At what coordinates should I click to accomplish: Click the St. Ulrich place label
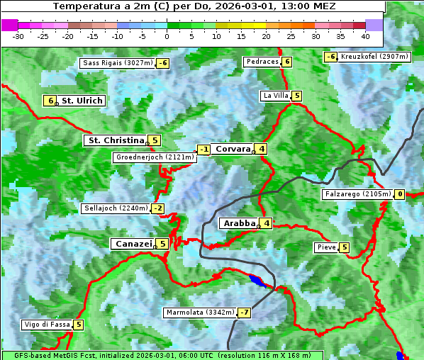pyautogui.click(x=82, y=101)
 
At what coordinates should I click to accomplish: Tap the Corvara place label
pyautogui.click(x=233, y=149)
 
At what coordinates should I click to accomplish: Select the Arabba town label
pyautogui.click(x=239, y=223)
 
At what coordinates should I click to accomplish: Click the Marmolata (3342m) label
pyautogui.click(x=200, y=313)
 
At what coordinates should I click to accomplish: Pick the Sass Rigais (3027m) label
pyautogui.click(x=118, y=63)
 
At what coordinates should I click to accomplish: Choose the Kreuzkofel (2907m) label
pyautogui.click(x=374, y=57)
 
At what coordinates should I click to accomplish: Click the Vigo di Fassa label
pyautogui.click(x=48, y=325)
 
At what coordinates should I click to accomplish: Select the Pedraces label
pyautogui.click(x=262, y=62)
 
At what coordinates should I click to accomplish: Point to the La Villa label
pyautogui.click(x=275, y=96)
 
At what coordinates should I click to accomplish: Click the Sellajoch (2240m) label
pyautogui.click(x=116, y=208)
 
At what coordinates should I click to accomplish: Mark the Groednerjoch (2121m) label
pyautogui.click(x=155, y=157)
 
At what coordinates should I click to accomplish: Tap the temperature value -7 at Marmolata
pyautogui.click(x=245, y=313)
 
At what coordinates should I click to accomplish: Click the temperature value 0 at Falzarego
pyautogui.click(x=400, y=194)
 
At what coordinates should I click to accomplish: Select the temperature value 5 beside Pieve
pyautogui.click(x=344, y=248)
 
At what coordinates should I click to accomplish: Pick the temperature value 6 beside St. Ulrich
pyautogui.click(x=49, y=101)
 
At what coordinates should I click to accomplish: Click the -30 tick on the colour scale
pyautogui.click(x=18, y=36)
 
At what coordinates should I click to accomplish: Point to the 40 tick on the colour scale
pyautogui.click(x=365, y=36)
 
